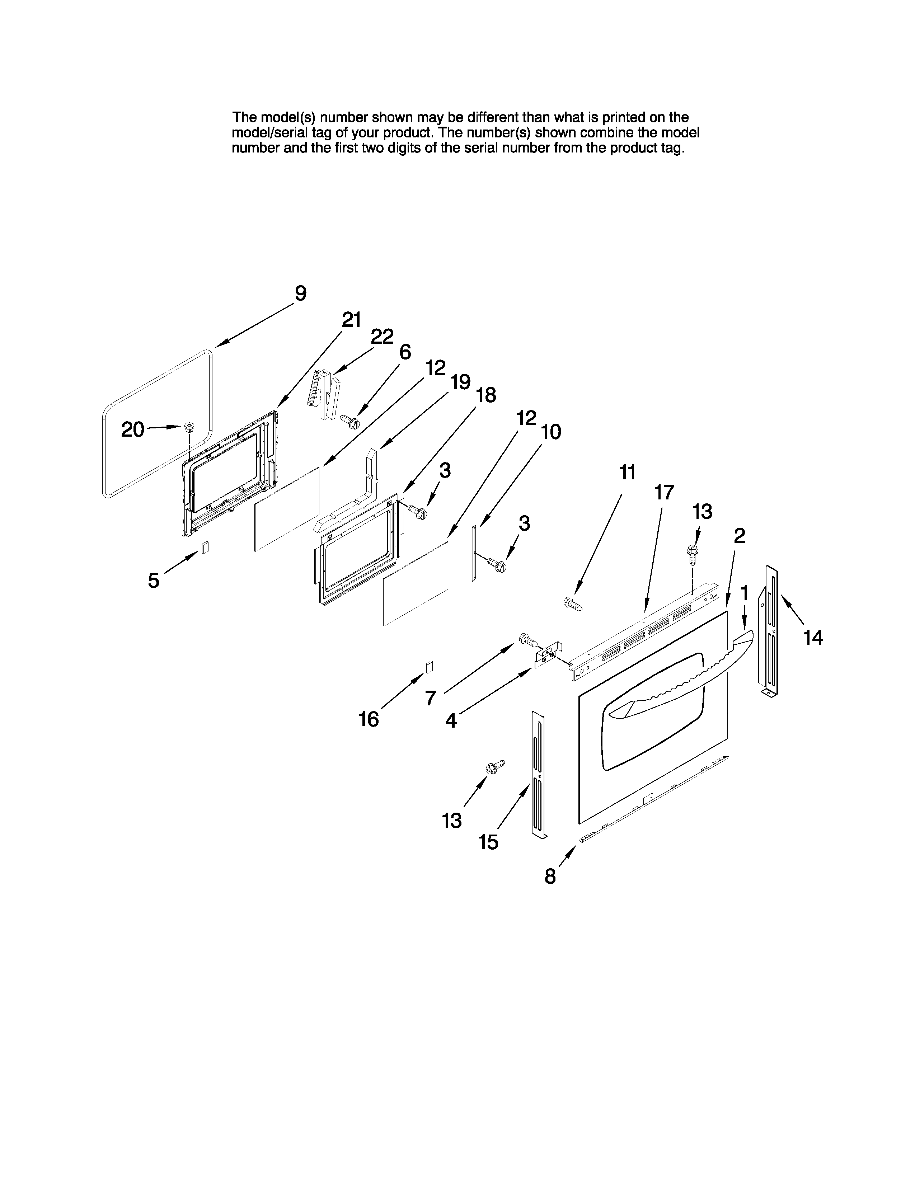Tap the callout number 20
(x=132, y=429)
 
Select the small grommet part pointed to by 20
(x=189, y=426)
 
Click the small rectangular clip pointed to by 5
(x=205, y=548)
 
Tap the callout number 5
(x=154, y=581)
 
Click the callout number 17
(x=663, y=492)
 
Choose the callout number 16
(x=369, y=719)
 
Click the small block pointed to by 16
(x=429, y=666)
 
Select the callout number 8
(x=550, y=877)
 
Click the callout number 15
(x=488, y=842)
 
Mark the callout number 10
(x=551, y=432)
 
